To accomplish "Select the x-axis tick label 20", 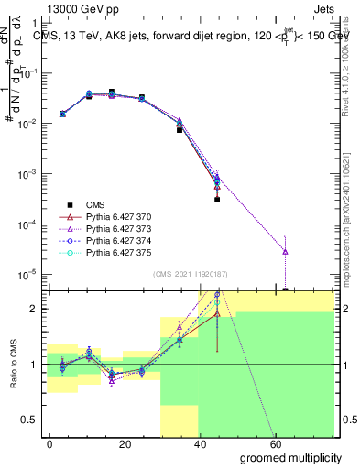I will (x=125, y=443).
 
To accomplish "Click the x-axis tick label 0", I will (x=50, y=443).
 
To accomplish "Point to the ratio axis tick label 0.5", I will (x=29, y=420).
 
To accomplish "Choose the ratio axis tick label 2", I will (x=35, y=309).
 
